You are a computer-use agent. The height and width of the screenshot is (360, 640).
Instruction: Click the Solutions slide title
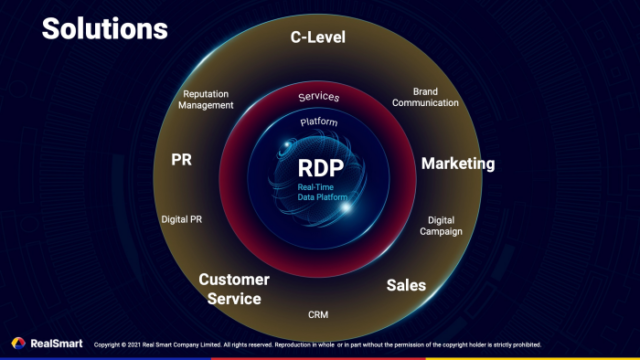pyautogui.click(x=104, y=29)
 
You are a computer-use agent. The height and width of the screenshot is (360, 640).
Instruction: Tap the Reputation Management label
pyautogui.click(x=208, y=99)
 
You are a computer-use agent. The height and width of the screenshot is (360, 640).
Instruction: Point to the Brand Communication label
pyautogui.click(x=425, y=96)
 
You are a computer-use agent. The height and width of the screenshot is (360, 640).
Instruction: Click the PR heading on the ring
pyautogui.click(x=182, y=158)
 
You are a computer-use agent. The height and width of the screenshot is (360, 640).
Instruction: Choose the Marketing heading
pyautogui.click(x=457, y=163)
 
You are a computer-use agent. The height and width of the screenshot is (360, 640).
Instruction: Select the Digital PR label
pyautogui.click(x=182, y=218)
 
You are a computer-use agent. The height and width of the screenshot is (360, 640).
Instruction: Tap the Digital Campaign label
pyautogui.click(x=441, y=225)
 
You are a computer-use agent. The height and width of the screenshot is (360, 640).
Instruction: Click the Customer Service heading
pyautogui.click(x=229, y=289)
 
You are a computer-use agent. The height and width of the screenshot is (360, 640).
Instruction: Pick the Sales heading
pyautogui.click(x=406, y=285)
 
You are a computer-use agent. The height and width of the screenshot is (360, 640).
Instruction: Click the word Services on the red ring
pyautogui.click(x=320, y=97)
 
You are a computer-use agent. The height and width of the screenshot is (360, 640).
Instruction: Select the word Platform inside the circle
pyautogui.click(x=319, y=122)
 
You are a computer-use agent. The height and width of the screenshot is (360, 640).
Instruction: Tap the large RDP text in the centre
pyautogui.click(x=320, y=167)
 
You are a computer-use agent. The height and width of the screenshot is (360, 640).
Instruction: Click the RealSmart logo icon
pyautogui.click(x=18, y=343)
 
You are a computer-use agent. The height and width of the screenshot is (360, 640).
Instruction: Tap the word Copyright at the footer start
pyautogui.click(x=109, y=345)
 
